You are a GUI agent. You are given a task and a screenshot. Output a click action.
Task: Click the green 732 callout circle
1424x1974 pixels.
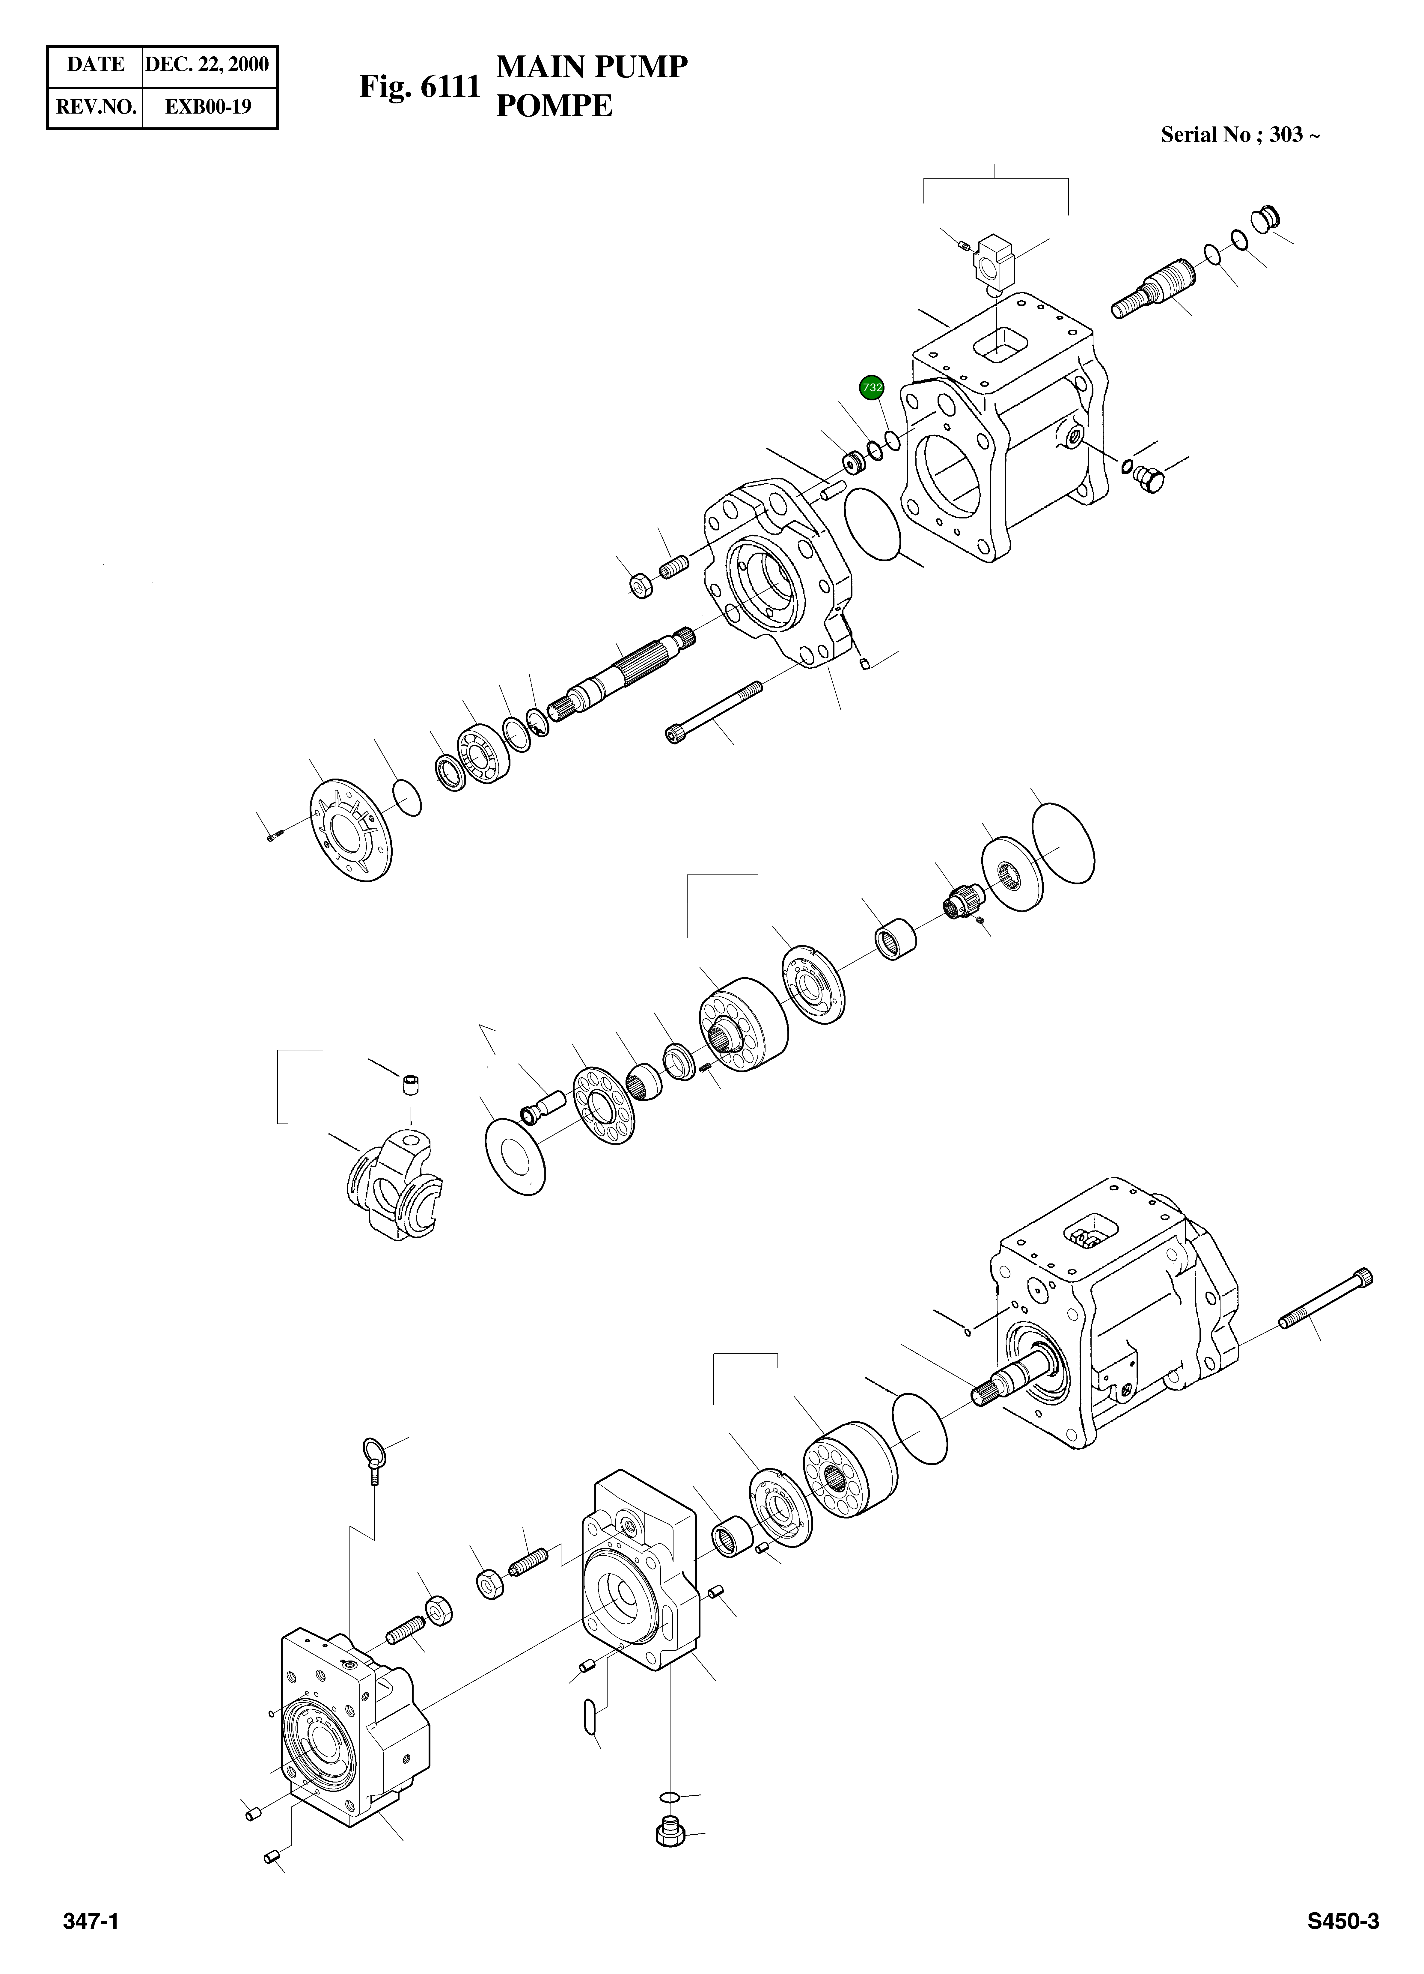tap(871, 387)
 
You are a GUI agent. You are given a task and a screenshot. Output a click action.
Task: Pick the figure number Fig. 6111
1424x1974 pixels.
tap(420, 87)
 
